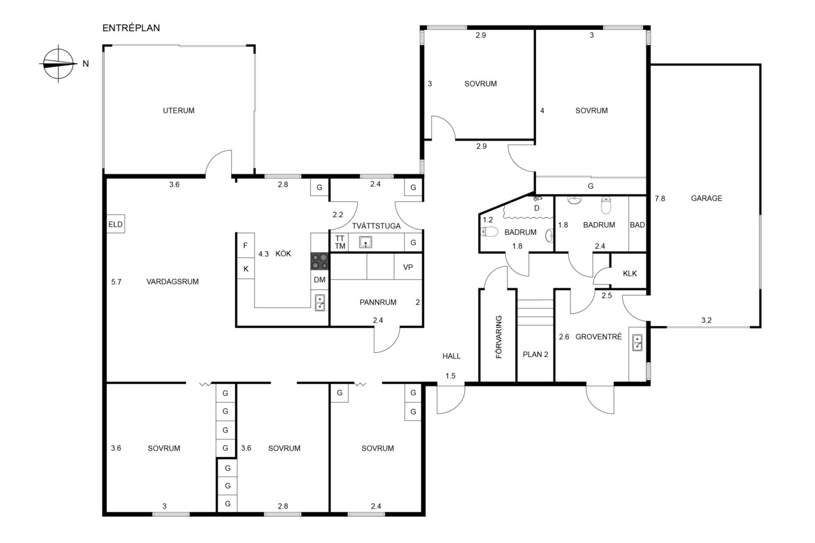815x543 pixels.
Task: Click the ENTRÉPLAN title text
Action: pyautogui.click(x=131, y=28)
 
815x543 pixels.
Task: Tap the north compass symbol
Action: pyautogui.click(x=58, y=64)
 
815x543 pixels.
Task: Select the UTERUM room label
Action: pyautogui.click(x=179, y=111)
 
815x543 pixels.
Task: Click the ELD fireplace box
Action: pyautogui.click(x=116, y=224)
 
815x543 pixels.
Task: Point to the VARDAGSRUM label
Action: pyautogui.click(x=173, y=281)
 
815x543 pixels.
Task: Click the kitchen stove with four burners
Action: pyautogui.click(x=320, y=262)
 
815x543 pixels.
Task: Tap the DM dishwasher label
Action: pyautogui.click(x=320, y=279)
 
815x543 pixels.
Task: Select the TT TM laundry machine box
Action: pyautogui.click(x=340, y=243)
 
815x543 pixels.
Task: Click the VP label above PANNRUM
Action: pyautogui.click(x=408, y=267)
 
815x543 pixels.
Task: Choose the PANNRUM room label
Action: pyautogui.click(x=378, y=302)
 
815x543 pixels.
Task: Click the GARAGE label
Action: pyautogui.click(x=707, y=198)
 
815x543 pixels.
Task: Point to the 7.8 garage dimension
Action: pyautogui.click(x=660, y=199)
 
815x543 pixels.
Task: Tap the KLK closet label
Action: pyautogui.click(x=630, y=274)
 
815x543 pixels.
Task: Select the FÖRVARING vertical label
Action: pyautogui.click(x=499, y=337)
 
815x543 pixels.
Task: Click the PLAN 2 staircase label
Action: pyautogui.click(x=535, y=354)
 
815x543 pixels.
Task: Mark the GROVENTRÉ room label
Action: pyautogui.click(x=599, y=337)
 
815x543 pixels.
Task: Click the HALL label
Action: pyautogui.click(x=451, y=356)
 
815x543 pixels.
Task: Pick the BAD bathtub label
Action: pyautogui.click(x=637, y=225)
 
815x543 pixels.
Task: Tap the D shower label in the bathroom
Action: pyautogui.click(x=537, y=208)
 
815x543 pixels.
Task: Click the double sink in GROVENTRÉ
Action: pyautogui.click(x=637, y=342)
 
